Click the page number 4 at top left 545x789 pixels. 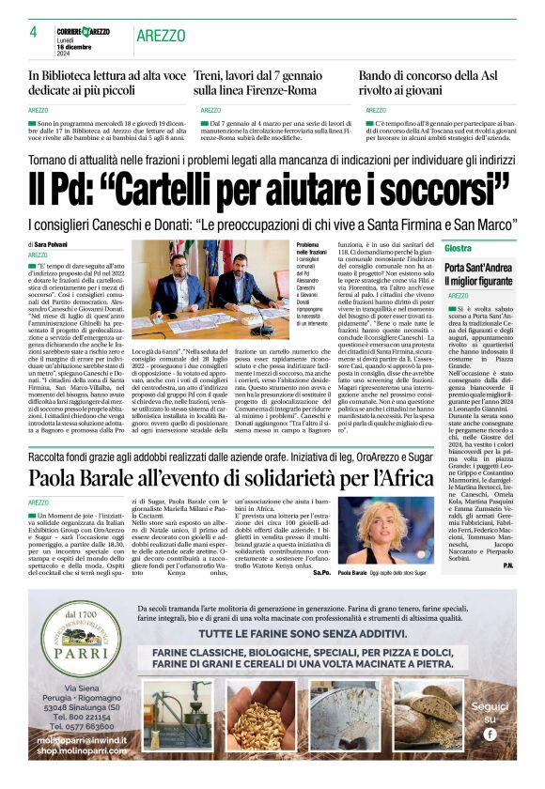[x=33, y=32]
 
